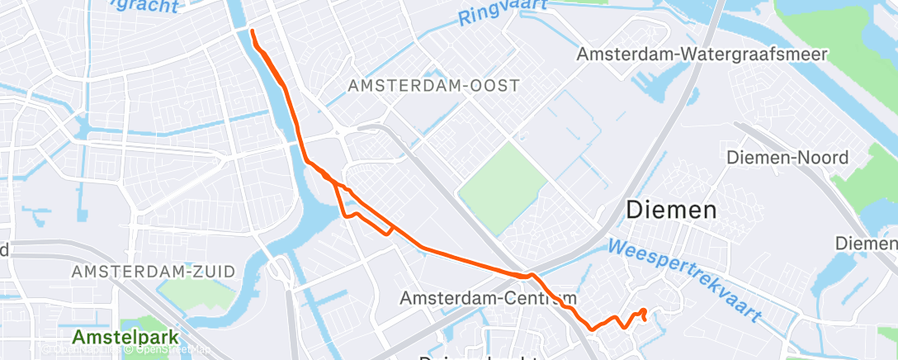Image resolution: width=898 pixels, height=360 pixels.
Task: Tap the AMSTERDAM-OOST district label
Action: [433, 85]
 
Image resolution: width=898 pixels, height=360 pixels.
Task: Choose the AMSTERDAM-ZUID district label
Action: [153, 271]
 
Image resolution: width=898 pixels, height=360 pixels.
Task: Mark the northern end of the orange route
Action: [251, 31]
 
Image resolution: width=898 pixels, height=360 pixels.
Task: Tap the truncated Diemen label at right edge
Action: [866, 244]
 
